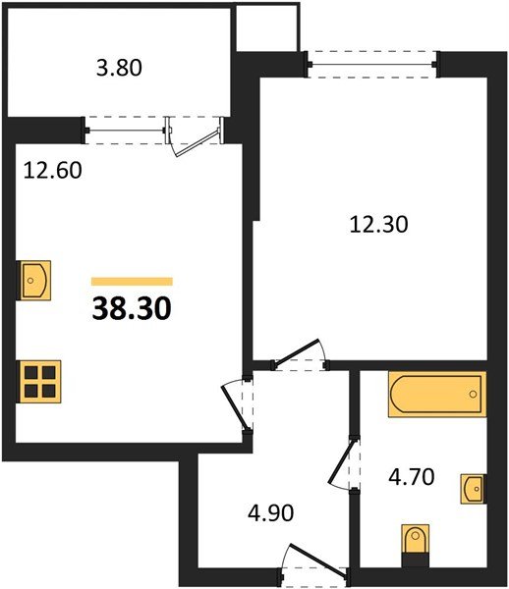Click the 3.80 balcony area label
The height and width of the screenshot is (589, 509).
(119, 70)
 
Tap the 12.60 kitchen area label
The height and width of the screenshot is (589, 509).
(51, 169)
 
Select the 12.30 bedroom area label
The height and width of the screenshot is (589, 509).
(378, 224)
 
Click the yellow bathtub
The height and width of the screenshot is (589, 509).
(436, 395)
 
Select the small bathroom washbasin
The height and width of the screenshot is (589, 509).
(473, 487)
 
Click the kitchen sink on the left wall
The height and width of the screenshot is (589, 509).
(34, 281)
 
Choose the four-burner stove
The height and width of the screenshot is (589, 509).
(39, 379)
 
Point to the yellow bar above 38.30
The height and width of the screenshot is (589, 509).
(132, 282)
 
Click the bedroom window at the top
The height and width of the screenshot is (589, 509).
(372, 66)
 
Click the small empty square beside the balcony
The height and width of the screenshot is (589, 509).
(265, 27)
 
